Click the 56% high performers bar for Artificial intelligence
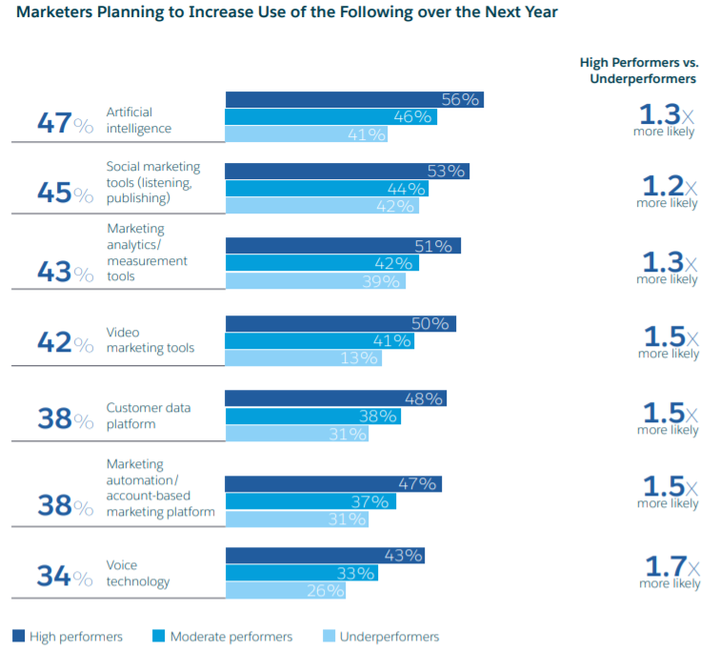[x=354, y=100]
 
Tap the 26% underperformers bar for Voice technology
[x=285, y=591]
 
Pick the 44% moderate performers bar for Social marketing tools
[x=327, y=189]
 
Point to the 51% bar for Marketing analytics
[x=343, y=246]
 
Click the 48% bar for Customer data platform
[x=335, y=398]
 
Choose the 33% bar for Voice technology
[x=301, y=573]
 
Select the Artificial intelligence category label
[x=139, y=120]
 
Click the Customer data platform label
[x=148, y=416]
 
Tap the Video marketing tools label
[x=150, y=340]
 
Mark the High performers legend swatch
[x=18, y=637]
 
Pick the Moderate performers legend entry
[x=224, y=637]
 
